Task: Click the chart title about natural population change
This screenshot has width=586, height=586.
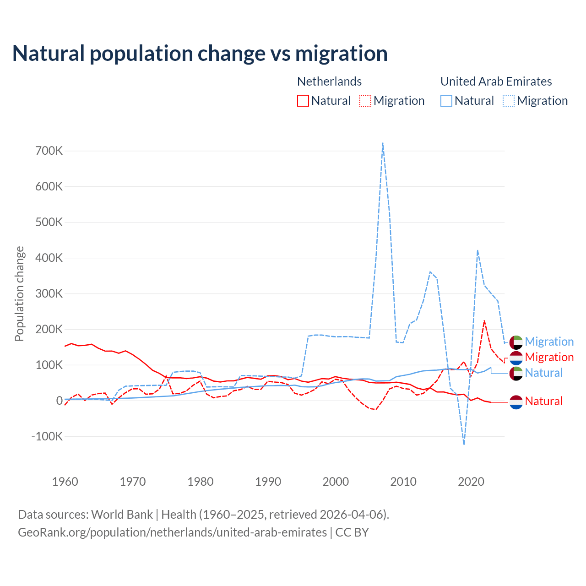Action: (200, 54)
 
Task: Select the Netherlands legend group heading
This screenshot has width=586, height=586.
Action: (329, 81)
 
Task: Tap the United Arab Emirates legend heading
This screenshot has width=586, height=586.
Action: (496, 81)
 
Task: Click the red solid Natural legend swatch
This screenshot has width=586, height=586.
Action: (303, 101)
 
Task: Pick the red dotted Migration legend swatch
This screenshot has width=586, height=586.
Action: (365, 101)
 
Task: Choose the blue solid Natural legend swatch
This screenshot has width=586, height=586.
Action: (446, 101)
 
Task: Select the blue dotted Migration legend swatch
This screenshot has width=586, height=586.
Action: (509, 101)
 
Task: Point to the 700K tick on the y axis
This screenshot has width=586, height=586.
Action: (49, 151)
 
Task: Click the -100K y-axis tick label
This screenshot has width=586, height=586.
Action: (47, 436)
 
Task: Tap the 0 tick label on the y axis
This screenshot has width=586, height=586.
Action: (59, 401)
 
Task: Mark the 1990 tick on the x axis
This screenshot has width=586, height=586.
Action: (268, 482)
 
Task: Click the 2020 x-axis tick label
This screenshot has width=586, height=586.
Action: (471, 482)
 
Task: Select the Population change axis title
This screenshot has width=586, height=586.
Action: (19, 293)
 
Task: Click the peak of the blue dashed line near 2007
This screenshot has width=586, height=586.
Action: (383, 143)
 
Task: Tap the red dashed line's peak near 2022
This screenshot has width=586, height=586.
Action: (484, 321)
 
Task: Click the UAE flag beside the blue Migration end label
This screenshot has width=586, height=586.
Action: (516, 342)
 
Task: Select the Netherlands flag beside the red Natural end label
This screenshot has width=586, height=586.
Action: (516, 402)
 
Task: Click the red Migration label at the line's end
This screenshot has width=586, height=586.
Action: (549, 358)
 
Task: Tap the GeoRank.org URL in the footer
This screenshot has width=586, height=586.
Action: (172, 532)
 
